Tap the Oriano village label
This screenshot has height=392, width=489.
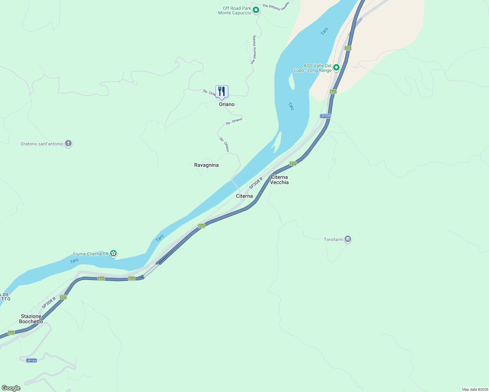coord(227,104)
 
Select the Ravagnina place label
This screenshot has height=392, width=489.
coord(206,165)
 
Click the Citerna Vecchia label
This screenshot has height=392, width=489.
coord(279,180)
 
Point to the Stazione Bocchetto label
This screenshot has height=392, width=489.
coord(31,319)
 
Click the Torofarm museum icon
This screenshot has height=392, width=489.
coord(348,239)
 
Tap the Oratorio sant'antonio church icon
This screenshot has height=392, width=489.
coord(68,143)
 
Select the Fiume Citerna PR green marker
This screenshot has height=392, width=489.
coord(113,253)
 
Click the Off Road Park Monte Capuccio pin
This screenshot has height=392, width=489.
coord(256,10)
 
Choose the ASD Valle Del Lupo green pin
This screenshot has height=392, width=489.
coord(336,68)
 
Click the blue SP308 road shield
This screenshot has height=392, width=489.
coord(325,116)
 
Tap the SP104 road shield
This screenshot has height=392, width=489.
coord(32,361)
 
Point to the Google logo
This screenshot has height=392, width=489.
coord(11,388)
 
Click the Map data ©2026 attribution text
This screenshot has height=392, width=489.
coord(475,389)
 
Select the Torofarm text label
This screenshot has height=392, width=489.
coord(333,239)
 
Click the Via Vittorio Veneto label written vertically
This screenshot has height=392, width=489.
coord(253,49)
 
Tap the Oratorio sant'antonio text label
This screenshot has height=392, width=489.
coord(42,144)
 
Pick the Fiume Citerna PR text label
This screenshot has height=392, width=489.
coord(91,254)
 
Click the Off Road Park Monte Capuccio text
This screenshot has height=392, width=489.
coord(235,10)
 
